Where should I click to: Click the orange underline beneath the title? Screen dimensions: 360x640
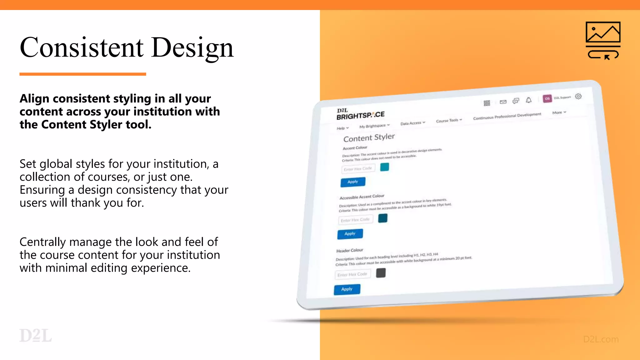coord(82,74)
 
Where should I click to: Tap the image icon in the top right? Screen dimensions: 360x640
coord(603,40)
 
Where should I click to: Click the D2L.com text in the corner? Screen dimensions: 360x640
coord(601,339)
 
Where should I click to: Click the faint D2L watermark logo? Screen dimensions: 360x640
coord(35,336)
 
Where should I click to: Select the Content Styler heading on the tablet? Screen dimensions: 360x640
coord(369,137)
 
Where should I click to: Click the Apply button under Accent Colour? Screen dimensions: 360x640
coord(352,182)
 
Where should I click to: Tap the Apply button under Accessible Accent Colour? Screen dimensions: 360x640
coord(350,234)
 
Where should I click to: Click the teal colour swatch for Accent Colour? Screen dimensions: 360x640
coord(384,167)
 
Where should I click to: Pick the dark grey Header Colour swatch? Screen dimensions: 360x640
coord(381,273)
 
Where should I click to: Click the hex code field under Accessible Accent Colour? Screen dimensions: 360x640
coord(355,220)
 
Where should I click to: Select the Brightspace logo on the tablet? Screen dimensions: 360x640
coord(360,114)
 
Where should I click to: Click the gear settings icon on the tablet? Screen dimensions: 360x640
coord(578,96)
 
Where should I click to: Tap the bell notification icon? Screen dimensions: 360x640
coord(528,100)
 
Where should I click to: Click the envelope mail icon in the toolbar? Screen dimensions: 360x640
coord(503,102)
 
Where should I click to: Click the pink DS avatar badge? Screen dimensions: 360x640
coord(547,98)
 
